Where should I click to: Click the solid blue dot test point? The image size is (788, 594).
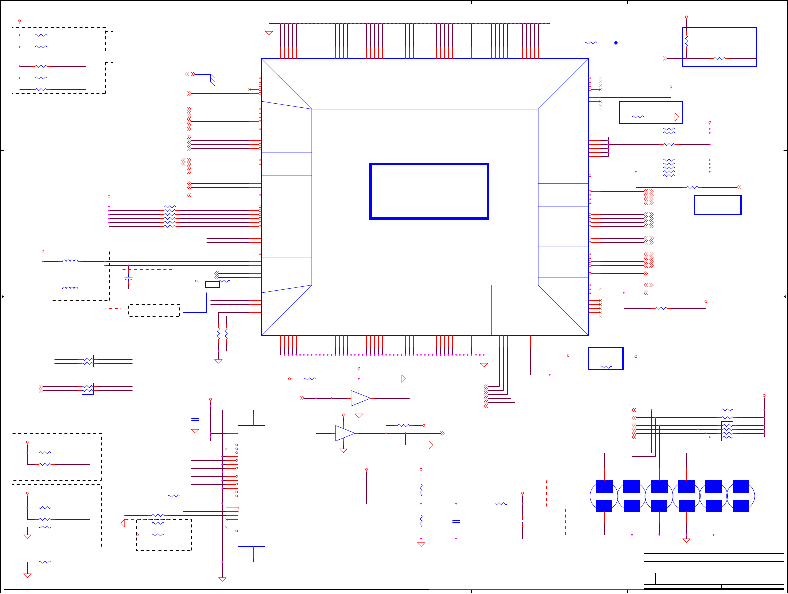[x=616, y=43]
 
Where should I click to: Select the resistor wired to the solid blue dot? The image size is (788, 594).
[x=591, y=43]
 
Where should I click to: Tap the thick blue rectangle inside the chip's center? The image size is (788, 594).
[x=429, y=191]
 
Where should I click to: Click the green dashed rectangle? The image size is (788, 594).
[x=148, y=510]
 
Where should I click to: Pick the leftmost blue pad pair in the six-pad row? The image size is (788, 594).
[x=604, y=496]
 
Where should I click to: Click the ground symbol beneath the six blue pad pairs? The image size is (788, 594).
[x=686, y=540]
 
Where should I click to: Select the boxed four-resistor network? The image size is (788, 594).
[x=727, y=431]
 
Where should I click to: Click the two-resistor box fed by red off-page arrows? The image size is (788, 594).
[x=87, y=389]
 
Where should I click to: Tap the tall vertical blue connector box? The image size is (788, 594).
[x=251, y=486]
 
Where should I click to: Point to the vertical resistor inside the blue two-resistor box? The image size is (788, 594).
[x=686, y=40]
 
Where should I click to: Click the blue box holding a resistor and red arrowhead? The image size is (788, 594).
[x=651, y=112]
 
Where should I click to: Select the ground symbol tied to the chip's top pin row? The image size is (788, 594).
[x=269, y=33]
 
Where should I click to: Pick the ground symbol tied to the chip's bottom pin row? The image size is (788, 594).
[x=484, y=365]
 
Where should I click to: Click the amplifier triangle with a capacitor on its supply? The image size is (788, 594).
[x=360, y=398]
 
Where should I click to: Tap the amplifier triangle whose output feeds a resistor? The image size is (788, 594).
[x=345, y=433]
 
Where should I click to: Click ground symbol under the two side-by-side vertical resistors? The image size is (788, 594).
[x=218, y=361]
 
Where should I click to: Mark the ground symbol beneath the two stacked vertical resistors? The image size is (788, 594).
[x=421, y=544]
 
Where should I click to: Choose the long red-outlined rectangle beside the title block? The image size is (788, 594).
[x=536, y=579]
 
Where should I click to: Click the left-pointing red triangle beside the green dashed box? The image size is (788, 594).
[x=123, y=523]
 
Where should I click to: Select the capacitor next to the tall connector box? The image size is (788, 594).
[x=195, y=419]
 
